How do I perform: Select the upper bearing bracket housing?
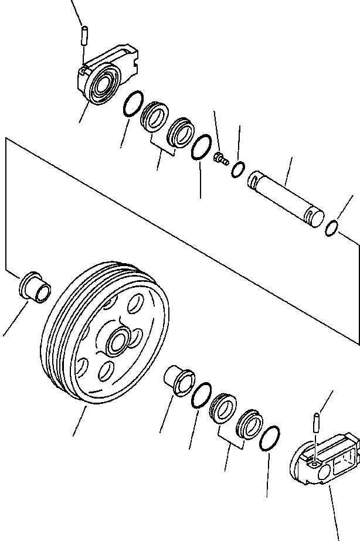tap(108, 73)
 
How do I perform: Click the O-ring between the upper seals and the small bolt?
tap(201, 147)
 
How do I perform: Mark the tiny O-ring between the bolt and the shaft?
tap(237, 169)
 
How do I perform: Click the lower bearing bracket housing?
tap(324, 460)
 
